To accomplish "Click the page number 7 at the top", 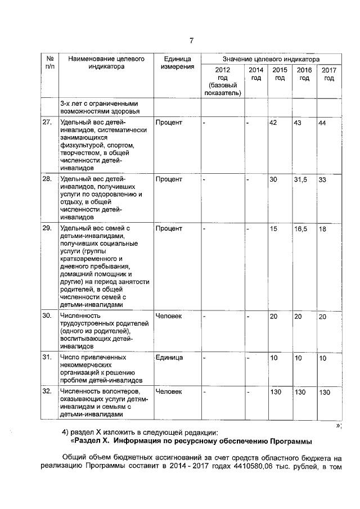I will coord(191,40).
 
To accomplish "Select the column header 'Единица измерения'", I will coord(177,62).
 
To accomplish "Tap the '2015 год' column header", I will coord(280,74).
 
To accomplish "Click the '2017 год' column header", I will coord(329,74).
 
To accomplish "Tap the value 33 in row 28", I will coord(323,179).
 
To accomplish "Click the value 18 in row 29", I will coord(322,229).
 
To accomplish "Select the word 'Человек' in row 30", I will coord(169,316).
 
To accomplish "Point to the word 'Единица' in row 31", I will coord(169,358).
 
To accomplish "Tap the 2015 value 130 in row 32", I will coord(276,391).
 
